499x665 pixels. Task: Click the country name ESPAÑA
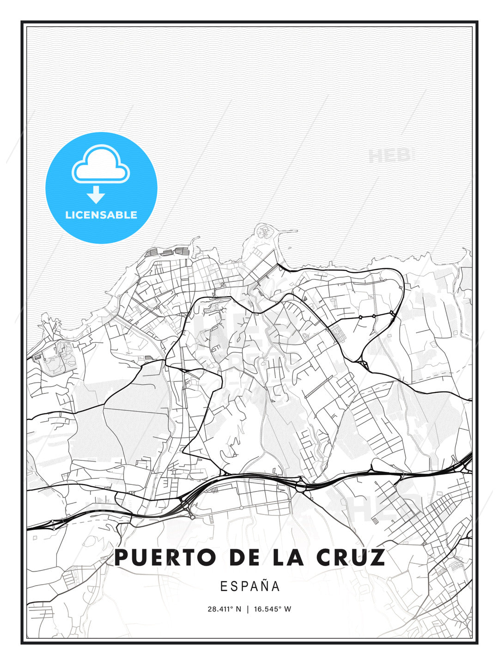tap(250, 586)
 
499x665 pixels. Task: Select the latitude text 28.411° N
tap(224, 609)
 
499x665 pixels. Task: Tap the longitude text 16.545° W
tap(273, 609)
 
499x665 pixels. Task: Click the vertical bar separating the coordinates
tap(248, 609)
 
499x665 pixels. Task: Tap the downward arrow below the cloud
tap(96, 194)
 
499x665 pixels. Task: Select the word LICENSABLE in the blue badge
tap(101, 215)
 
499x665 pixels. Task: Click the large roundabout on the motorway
tap(301, 485)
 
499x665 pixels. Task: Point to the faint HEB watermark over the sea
tap(389, 156)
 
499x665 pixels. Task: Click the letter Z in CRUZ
tap(377, 557)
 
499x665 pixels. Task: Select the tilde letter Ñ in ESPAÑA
tap(264, 586)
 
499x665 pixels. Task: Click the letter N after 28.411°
tap(238, 609)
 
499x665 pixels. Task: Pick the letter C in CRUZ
tap(325, 557)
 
